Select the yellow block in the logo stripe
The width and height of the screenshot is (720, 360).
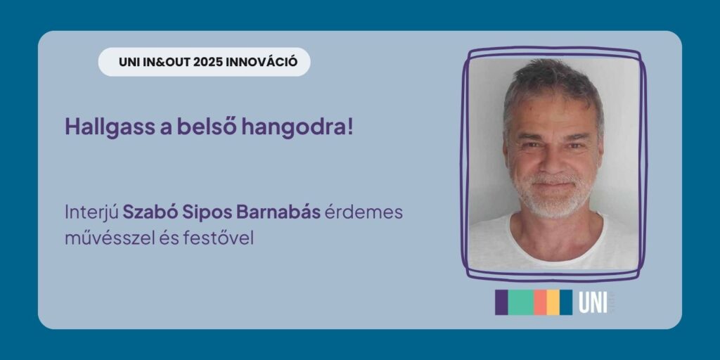pos(553,302)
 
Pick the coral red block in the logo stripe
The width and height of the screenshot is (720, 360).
pos(540,302)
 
